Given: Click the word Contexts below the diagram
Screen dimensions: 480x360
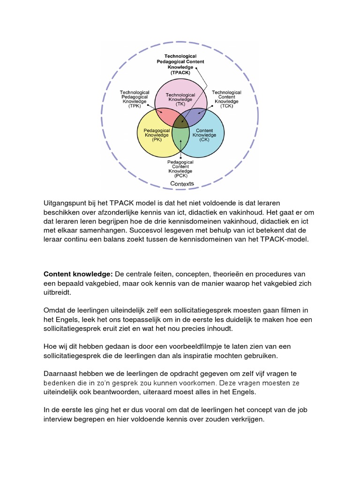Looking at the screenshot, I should pyautogui.click(x=181, y=184).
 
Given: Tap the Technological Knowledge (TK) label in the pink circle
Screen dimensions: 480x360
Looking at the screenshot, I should pyautogui.click(x=180, y=99).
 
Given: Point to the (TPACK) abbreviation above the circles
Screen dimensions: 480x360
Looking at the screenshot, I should pyautogui.click(x=180, y=73).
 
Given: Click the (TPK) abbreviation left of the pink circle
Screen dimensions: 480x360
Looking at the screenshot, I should pyautogui.click(x=135, y=106).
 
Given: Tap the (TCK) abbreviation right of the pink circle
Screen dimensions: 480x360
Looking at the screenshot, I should pyautogui.click(x=226, y=106).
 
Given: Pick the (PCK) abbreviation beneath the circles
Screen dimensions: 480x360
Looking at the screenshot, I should pyautogui.click(x=180, y=175).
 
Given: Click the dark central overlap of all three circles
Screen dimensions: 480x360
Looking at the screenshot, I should pyautogui.click(x=180, y=121).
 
